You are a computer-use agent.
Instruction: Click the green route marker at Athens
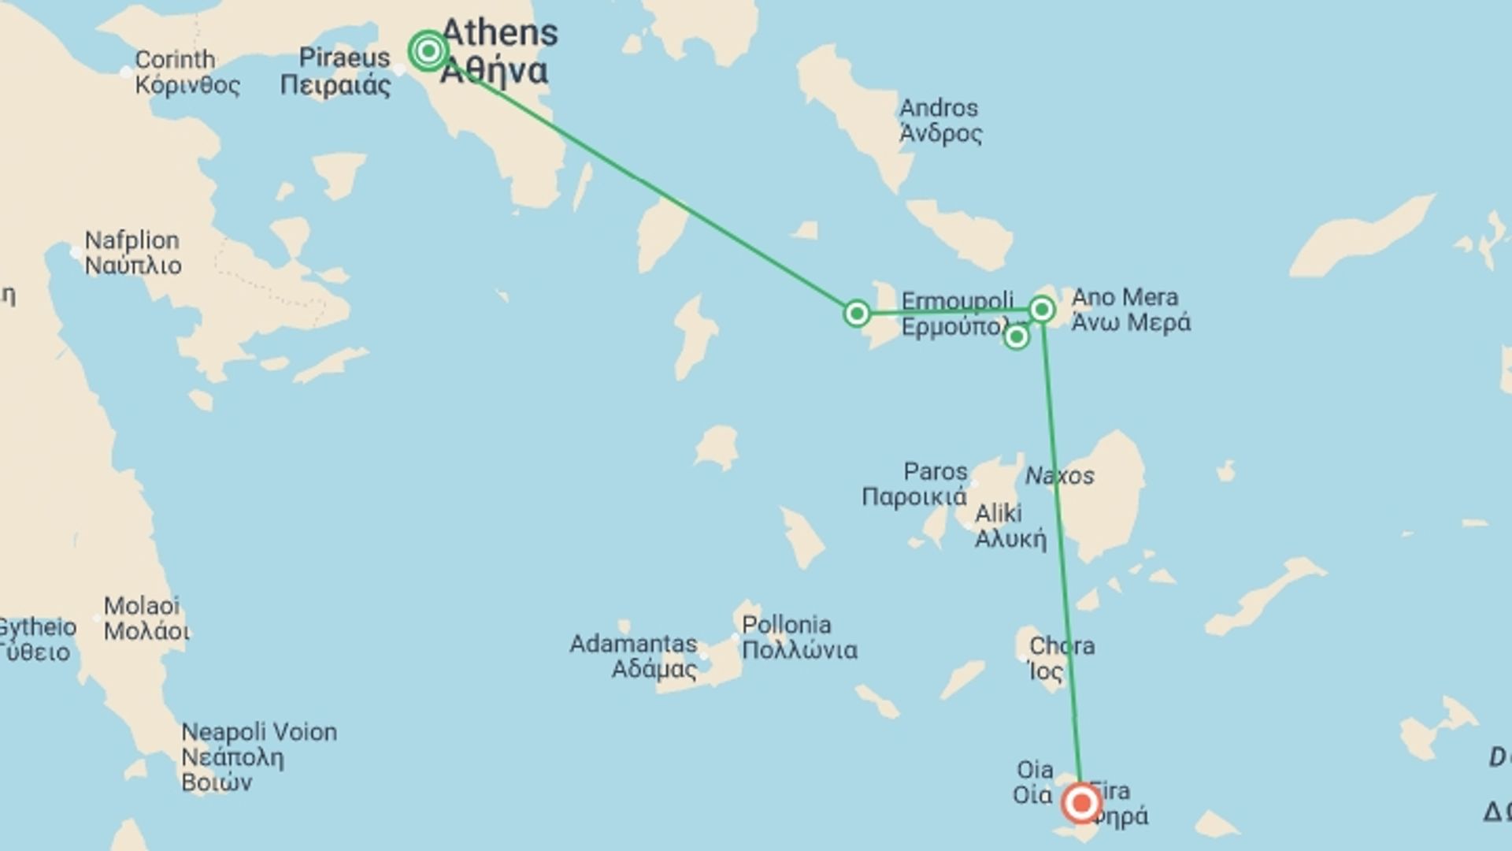[428, 51]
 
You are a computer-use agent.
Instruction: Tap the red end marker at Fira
[1081, 803]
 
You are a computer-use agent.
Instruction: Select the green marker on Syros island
[857, 314]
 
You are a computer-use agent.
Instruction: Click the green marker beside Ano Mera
[1042, 310]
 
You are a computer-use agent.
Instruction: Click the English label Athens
[500, 33]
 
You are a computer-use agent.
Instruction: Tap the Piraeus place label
[344, 58]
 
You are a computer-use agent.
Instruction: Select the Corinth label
[175, 60]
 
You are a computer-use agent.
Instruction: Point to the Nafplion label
[132, 240]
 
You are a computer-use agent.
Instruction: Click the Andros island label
[939, 108]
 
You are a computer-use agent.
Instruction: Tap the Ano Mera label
[1125, 298]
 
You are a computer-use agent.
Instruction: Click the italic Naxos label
[1059, 476]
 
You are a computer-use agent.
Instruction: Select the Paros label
[935, 472]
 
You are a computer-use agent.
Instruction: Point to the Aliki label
[998, 514]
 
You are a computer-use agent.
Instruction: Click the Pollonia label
[786, 626]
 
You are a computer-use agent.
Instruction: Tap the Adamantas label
[633, 645]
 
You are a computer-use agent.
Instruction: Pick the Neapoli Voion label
[259, 733]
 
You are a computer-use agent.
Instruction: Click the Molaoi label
[142, 606]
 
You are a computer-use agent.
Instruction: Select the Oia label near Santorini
[1034, 770]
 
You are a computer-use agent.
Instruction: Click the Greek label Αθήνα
[495, 71]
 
